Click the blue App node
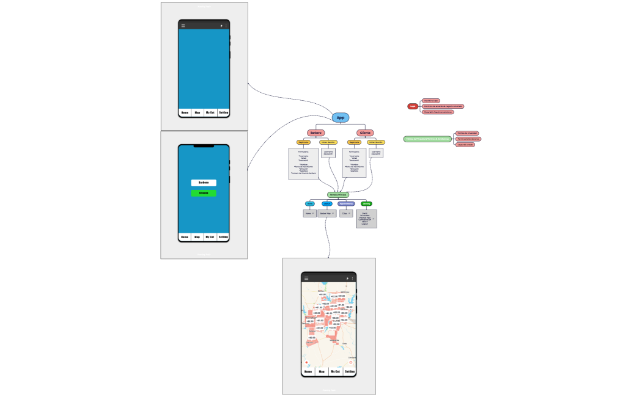[341, 117]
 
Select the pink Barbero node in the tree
[315, 133]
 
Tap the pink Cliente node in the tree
[365, 133]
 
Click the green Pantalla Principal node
[338, 194]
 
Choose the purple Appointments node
[346, 203]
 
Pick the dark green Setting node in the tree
[366, 203]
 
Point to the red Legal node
[413, 106]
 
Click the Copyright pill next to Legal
[438, 112]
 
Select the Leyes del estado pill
[465, 145]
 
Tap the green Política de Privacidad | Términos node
[427, 139]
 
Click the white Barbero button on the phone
[204, 183]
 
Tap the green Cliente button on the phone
[204, 193]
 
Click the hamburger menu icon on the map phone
[306, 278]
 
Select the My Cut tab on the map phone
[336, 371]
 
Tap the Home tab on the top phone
[185, 112]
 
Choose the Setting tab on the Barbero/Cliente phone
[223, 237]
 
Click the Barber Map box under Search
[327, 213]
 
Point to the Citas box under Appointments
[347, 213]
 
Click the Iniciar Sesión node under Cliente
[376, 142]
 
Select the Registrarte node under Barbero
[304, 142]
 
